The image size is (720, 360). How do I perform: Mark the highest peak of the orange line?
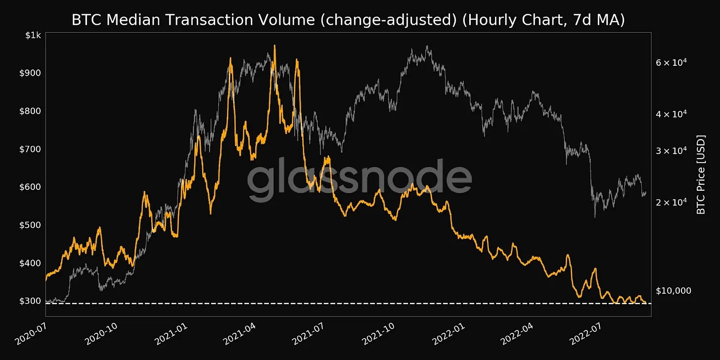coord(274,46)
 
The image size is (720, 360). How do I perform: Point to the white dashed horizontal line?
coord(346,303)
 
